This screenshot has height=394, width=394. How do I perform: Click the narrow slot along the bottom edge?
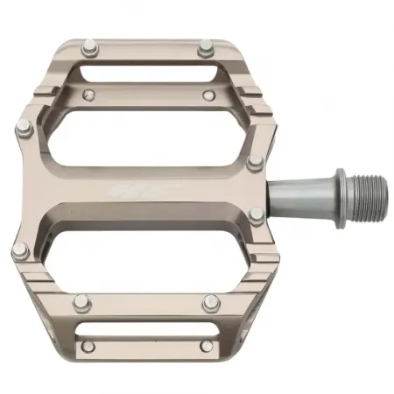coord(146,334)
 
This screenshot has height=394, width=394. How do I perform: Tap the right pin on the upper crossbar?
coord(208,94)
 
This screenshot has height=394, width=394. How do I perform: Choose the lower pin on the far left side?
coord(20,253)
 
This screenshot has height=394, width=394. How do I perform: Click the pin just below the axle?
coord(254,216)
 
